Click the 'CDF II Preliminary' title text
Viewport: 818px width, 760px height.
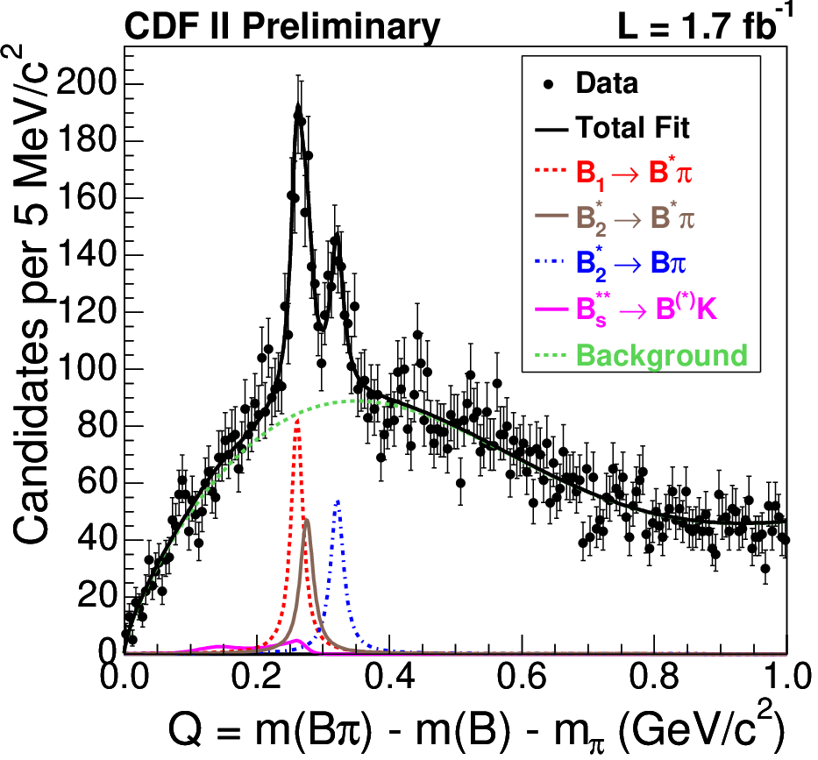tap(282, 27)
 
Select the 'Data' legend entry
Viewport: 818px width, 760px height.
tap(591, 83)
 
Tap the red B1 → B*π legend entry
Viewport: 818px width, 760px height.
tap(614, 173)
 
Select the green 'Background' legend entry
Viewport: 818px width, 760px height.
tap(642, 355)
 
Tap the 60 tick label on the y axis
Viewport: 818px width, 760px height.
tap(96, 482)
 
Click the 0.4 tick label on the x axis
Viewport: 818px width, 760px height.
tap(389, 677)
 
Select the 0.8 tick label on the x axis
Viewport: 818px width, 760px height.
tap(654, 677)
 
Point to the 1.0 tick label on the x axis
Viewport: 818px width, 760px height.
tap(786, 677)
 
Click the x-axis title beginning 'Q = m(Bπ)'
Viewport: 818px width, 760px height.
tap(476, 728)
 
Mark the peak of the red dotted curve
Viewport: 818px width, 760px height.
tap(297, 419)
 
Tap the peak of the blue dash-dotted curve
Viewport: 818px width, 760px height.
tap(338, 500)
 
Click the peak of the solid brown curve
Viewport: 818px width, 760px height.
tap(307, 520)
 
